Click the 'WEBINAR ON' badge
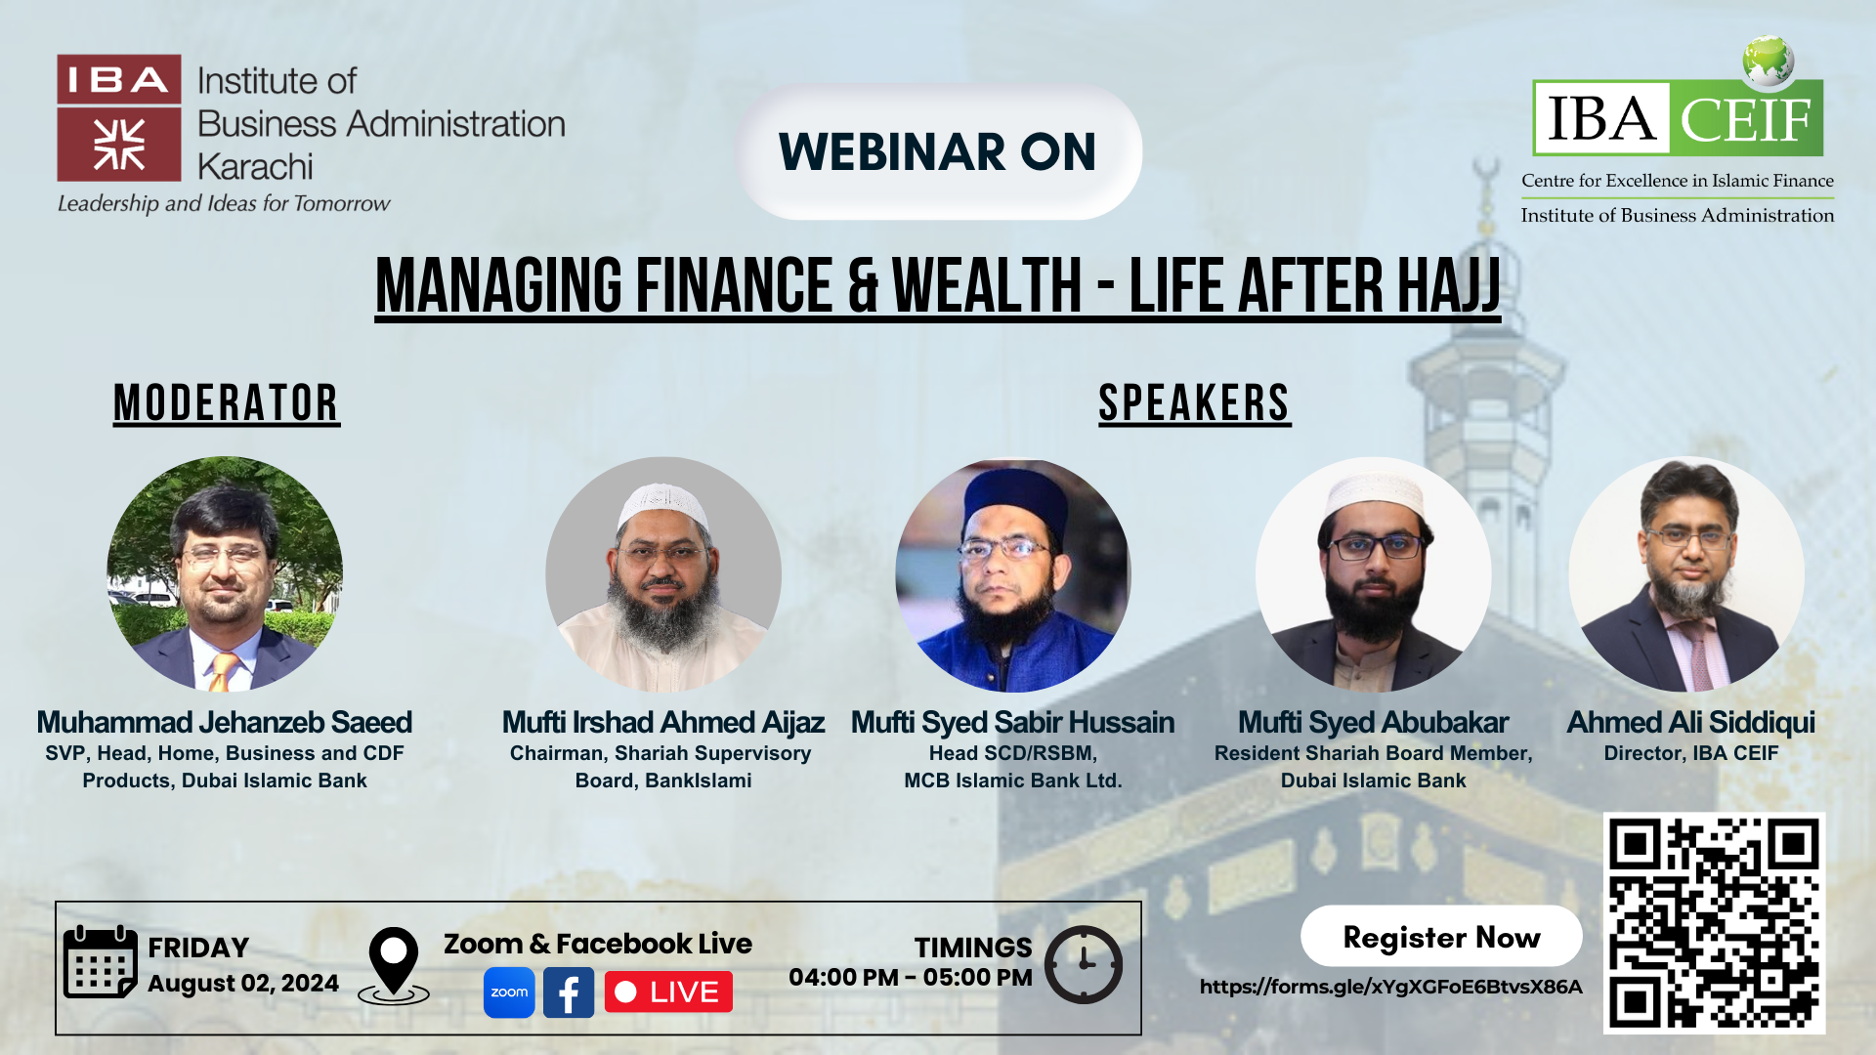[x=938, y=151]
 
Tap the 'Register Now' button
[x=1441, y=937]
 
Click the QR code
[x=1714, y=923]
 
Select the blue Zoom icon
[x=509, y=992]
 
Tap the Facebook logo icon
[x=569, y=992]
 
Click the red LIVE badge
[x=668, y=992]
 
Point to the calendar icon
[x=100, y=962]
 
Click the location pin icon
[x=394, y=965]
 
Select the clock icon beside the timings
[x=1084, y=964]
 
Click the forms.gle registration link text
[x=1390, y=987]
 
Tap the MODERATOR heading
[x=227, y=403]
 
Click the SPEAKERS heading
[x=1194, y=403]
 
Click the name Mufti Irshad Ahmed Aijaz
[x=663, y=722]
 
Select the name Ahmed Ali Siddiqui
[x=1691, y=722]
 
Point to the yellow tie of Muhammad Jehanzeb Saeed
[x=224, y=671]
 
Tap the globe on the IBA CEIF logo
[x=1769, y=61]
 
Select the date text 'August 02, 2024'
[x=243, y=984]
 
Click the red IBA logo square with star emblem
[x=119, y=145]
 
